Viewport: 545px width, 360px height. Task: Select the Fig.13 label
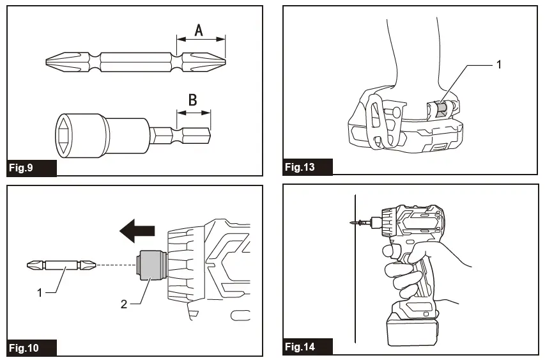click(x=301, y=168)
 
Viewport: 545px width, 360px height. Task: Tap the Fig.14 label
click(x=301, y=347)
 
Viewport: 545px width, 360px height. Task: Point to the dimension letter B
click(x=192, y=100)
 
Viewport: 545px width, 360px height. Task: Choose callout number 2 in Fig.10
click(x=124, y=304)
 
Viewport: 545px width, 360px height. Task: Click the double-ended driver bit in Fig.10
click(x=62, y=264)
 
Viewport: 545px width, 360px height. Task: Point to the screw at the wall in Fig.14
click(x=360, y=223)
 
